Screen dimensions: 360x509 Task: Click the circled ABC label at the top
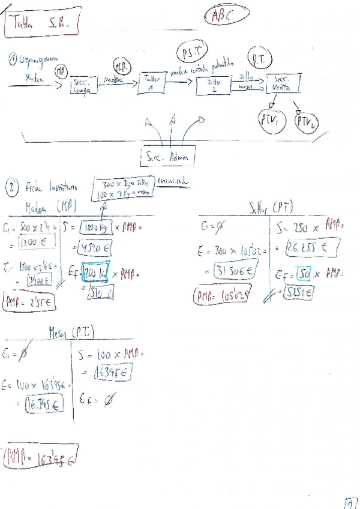pyautogui.click(x=226, y=16)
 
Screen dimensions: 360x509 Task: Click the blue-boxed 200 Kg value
pyautogui.click(x=96, y=274)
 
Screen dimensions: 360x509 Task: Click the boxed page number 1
pyautogui.click(x=351, y=502)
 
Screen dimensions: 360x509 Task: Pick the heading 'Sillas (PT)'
pyautogui.click(x=270, y=207)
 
